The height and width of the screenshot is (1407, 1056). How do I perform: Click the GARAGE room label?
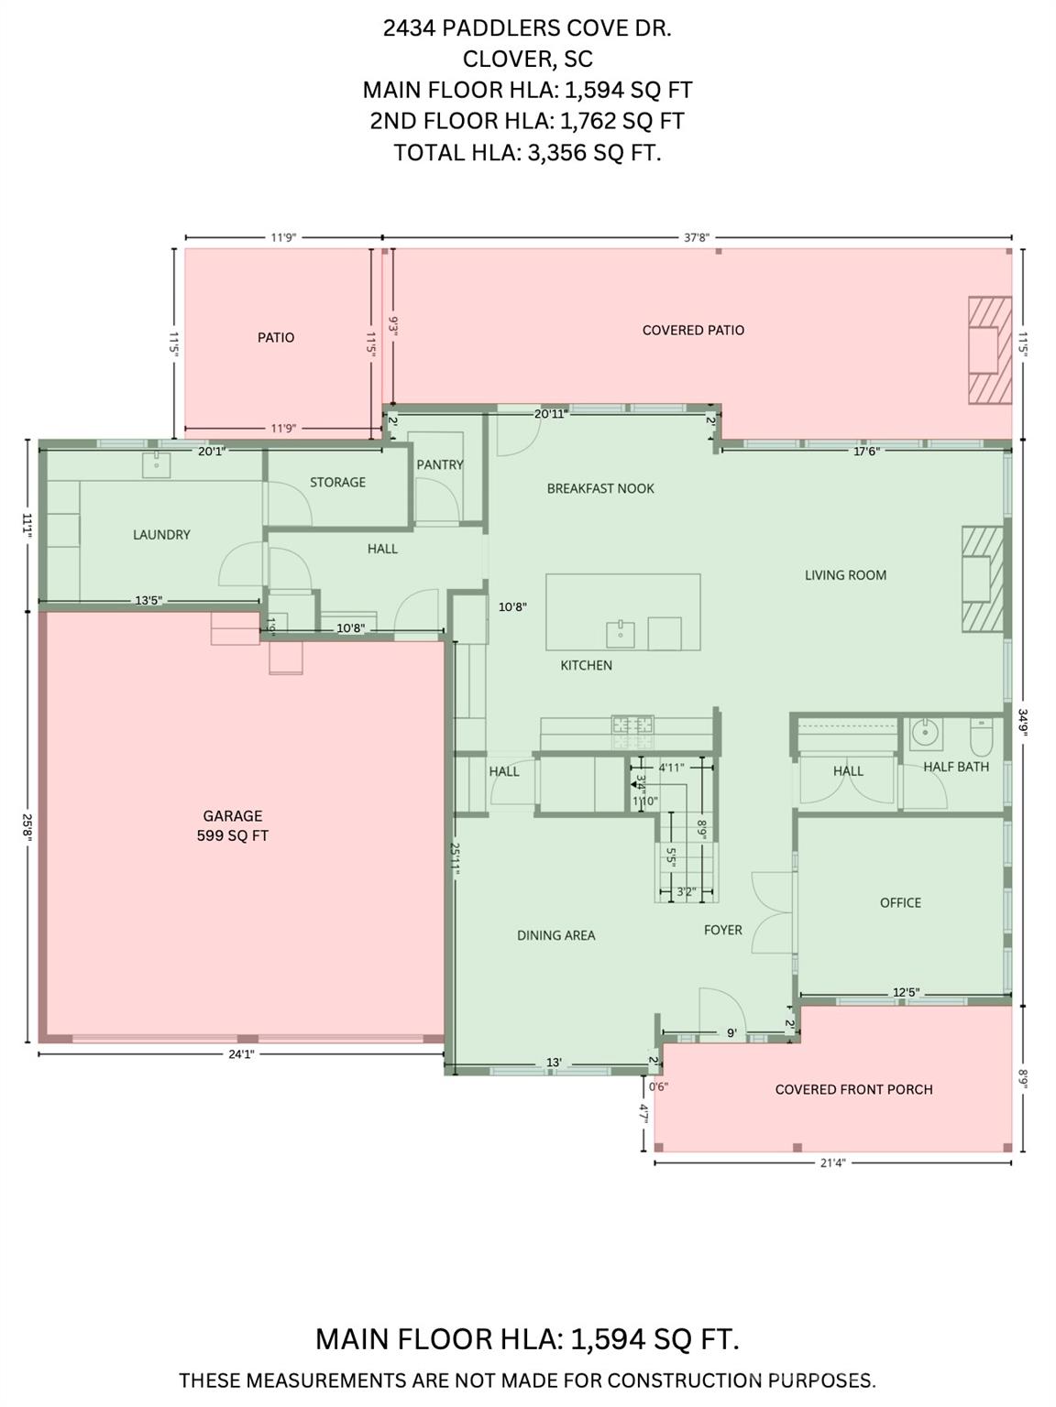(232, 815)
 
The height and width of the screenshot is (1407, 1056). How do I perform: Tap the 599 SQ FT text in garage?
(232, 835)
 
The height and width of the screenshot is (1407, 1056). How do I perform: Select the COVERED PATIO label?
(693, 330)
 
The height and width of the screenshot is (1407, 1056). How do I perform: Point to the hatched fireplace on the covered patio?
(990, 349)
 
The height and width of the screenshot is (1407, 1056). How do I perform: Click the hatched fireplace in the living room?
(982, 579)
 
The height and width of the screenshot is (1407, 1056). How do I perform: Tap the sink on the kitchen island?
(621, 633)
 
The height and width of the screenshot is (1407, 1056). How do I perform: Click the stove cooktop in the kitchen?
(633, 725)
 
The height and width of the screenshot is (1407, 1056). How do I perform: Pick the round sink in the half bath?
(925, 733)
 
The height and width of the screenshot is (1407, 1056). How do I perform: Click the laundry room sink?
(157, 464)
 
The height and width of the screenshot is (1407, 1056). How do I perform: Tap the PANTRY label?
(440, 464)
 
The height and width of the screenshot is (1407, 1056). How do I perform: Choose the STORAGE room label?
(337, 482)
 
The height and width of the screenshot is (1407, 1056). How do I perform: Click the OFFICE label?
(900, 902)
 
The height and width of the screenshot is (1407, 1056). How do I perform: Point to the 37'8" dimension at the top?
(697, 237)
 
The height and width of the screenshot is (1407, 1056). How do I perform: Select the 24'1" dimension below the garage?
(240, 1054)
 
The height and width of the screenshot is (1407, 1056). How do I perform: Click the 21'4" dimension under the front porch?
(831, 1163)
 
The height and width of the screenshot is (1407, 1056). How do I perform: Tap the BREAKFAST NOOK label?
(600, 488)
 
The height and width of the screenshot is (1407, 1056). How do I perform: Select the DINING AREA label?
(555, 935)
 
